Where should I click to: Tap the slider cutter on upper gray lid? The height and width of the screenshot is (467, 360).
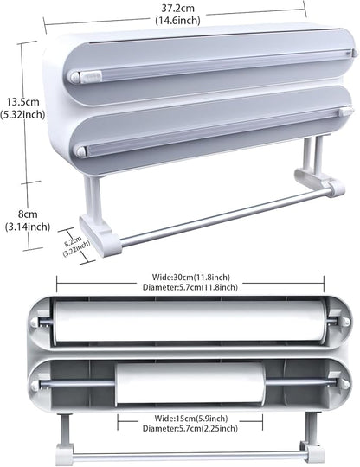pyautogui.click(x=90, y=77)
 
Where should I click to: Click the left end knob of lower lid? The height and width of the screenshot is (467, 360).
pyautogui.click(x=81, y=152)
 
